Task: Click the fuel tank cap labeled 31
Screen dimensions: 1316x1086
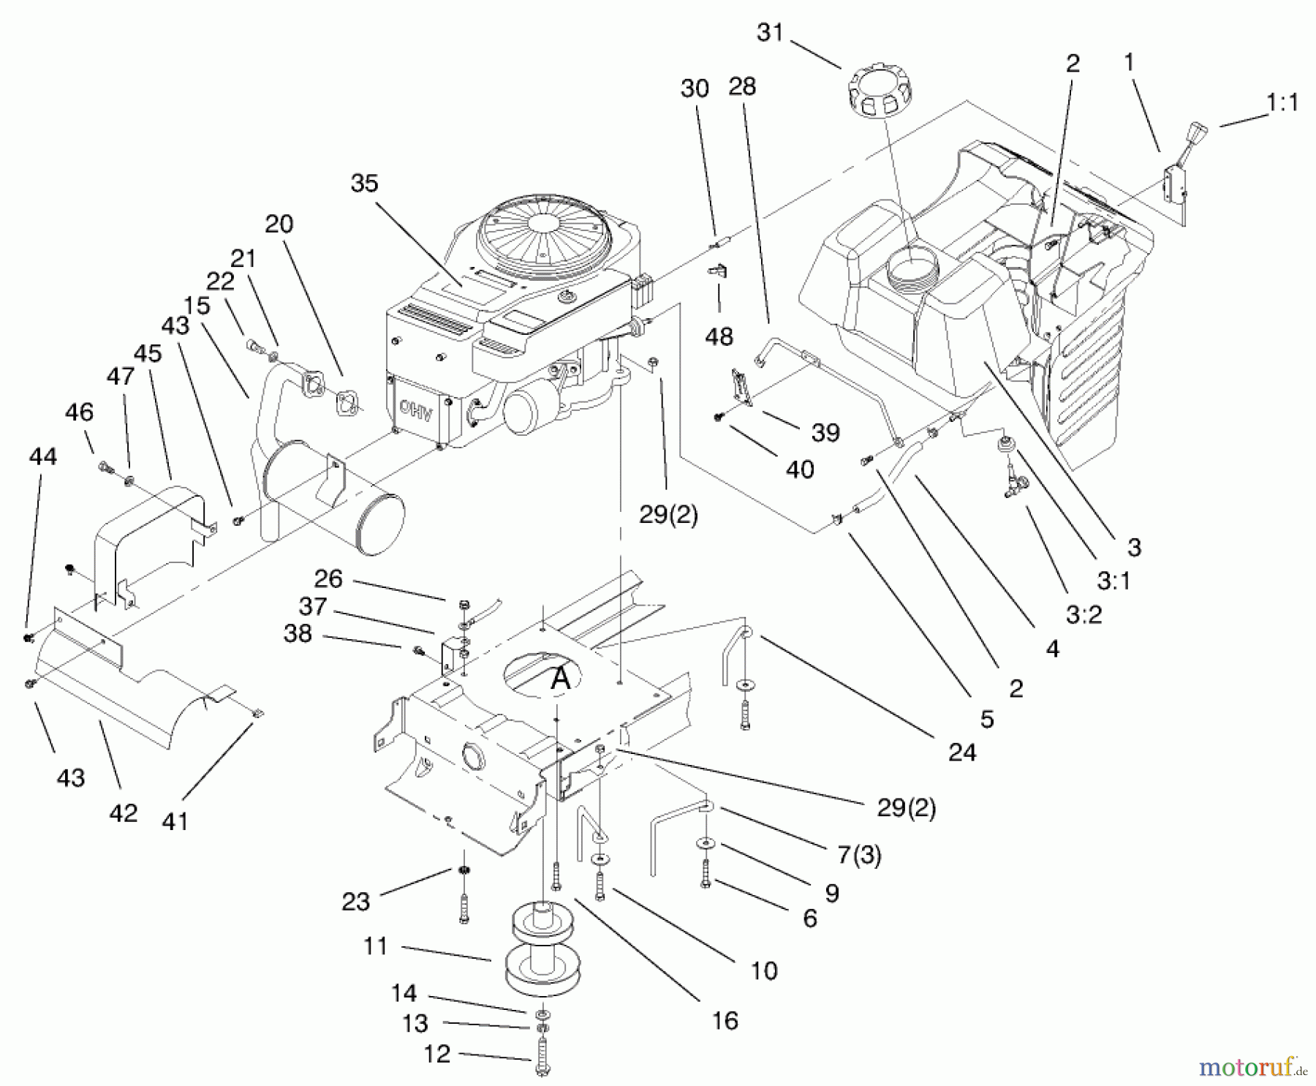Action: click(880, 94)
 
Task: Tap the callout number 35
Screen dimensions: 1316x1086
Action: click(364, 183)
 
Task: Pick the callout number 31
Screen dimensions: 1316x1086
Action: click(770, 32)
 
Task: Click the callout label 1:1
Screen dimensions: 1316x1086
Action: click(1283, 102)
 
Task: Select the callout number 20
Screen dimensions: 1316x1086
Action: click(279, 224)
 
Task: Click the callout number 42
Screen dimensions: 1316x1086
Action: click(123, 813)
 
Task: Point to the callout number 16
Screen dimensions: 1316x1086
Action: click(725, 1020)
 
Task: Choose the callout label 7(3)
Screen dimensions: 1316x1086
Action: click(859, 854)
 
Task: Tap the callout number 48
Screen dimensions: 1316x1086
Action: click(719, 336)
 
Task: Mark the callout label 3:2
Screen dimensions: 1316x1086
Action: click(1084, 614)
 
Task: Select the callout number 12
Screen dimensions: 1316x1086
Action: click(437, 1054)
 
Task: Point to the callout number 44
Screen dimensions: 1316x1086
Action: click(42, 456)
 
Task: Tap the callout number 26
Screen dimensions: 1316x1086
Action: click(328, 579)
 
